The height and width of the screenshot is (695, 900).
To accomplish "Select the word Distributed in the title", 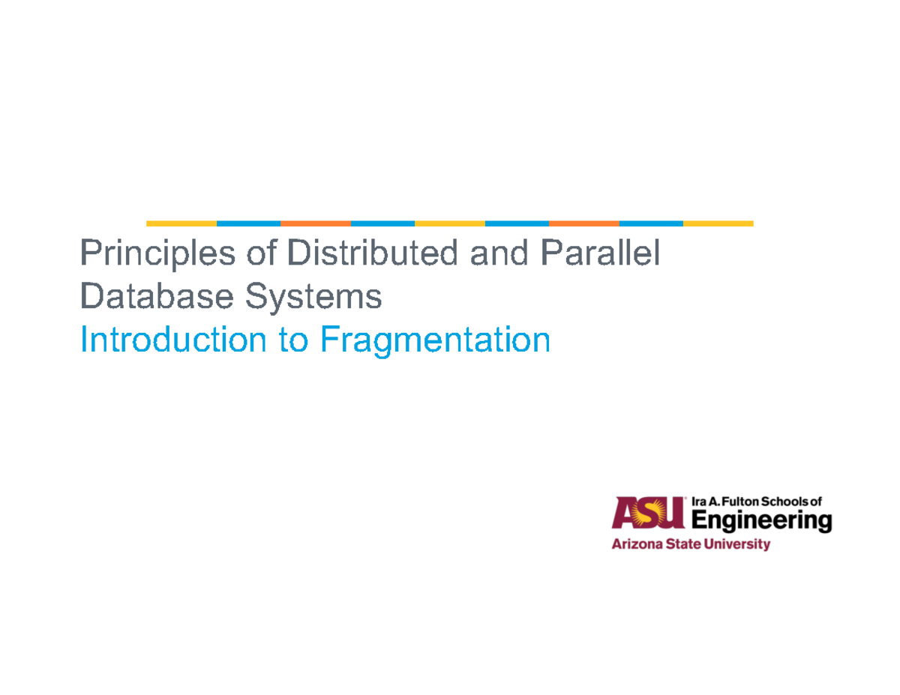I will [371, 253].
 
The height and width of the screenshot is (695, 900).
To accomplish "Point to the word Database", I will [145, 297].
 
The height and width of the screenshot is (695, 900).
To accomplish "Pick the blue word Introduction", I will [172, 340].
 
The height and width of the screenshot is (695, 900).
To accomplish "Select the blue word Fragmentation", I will [435, 342].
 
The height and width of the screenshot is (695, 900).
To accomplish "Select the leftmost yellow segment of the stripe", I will [181, 223].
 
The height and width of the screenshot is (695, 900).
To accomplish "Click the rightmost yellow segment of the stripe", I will [718, 223].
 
